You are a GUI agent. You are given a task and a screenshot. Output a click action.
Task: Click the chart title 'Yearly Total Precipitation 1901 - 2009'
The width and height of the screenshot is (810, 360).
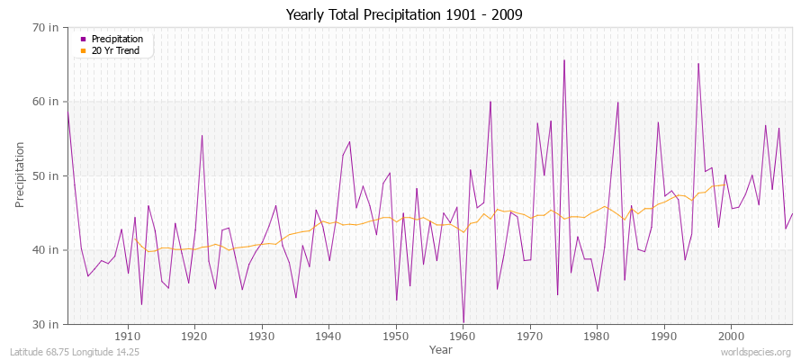404,15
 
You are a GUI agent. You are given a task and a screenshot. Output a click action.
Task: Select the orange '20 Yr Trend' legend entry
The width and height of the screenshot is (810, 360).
116,50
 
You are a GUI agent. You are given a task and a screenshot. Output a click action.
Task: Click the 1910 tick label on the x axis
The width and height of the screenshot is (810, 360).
127,336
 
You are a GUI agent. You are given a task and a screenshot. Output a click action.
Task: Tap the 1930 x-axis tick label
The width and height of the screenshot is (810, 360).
261,336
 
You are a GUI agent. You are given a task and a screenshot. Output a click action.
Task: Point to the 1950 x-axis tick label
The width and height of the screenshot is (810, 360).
395,336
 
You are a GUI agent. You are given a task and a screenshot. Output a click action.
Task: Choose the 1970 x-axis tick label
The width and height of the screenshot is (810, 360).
529,336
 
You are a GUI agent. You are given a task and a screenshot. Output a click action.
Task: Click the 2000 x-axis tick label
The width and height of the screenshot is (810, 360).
731,336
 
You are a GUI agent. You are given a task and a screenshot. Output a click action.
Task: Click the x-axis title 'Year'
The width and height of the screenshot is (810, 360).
441,348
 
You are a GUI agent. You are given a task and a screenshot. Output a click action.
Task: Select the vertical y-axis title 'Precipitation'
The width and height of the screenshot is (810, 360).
20,175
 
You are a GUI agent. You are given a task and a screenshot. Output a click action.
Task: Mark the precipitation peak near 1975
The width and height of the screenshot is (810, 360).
563,60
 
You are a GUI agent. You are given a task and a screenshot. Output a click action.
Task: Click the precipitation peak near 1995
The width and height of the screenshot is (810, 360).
697,63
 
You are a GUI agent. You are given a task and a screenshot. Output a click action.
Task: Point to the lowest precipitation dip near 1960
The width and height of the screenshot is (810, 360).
463,322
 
